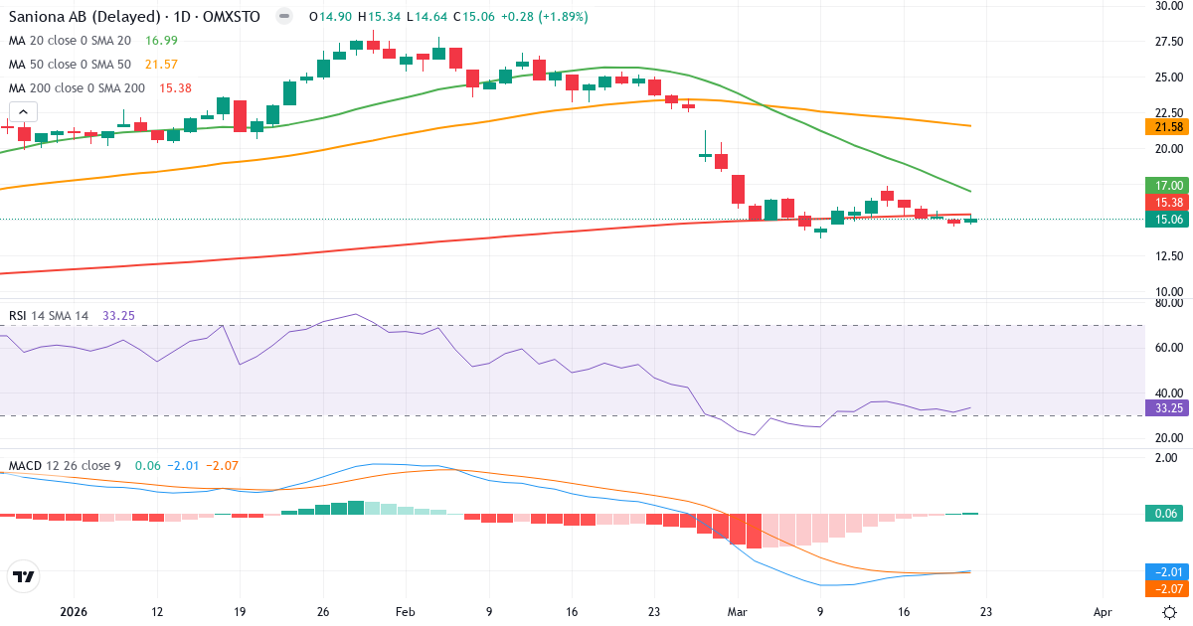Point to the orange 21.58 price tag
[1163, 127]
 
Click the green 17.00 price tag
[1163, 185]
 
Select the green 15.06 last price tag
[1163, 220]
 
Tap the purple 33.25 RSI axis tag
[1163, 408]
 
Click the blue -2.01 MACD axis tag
[1163, 571]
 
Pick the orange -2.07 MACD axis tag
[1163, 589]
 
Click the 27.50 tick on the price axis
[1167, 42]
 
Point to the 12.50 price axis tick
[1167, 255]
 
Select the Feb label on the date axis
[405, 613]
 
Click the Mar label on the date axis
[737, 613]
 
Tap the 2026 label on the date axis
[75, 613]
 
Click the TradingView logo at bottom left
[24, 576]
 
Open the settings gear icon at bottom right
[1170, 612]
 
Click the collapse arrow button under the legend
[23, 112]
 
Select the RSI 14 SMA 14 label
[49, 316]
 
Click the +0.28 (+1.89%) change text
[543, 17]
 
